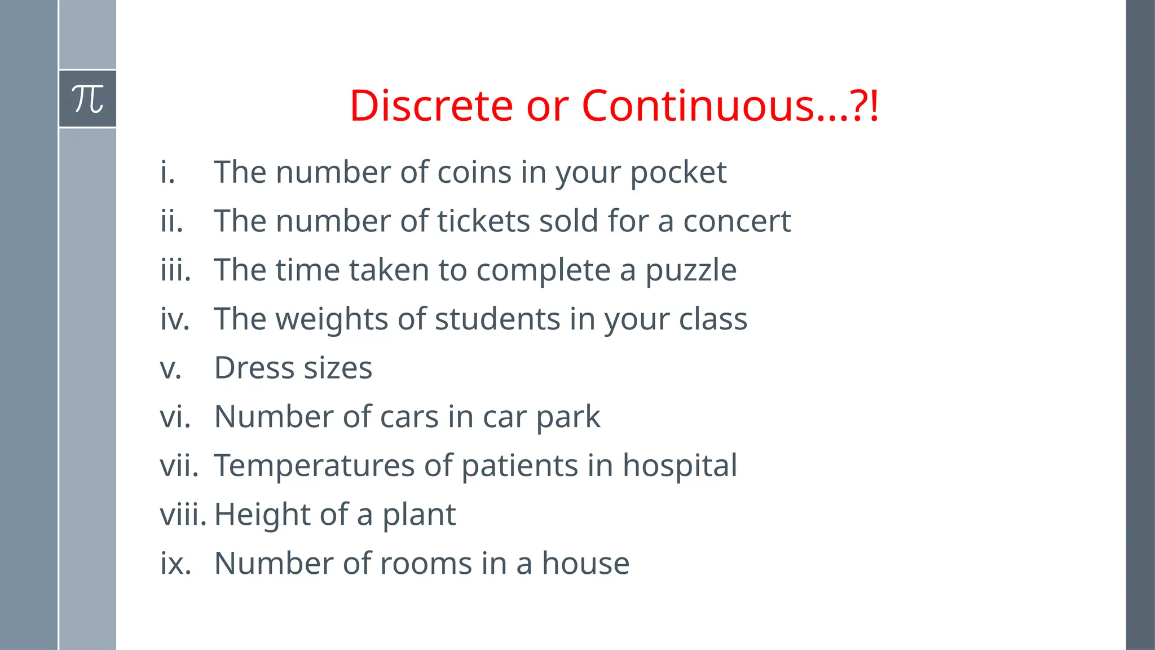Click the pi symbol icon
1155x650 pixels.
click(88, 99)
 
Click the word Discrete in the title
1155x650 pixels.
click(431, 106)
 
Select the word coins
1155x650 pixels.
click(474, 172)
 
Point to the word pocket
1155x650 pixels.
click(678, 172)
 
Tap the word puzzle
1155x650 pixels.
click(690, 270)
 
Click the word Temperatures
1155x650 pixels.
click(314, 465)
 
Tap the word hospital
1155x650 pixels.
click(680, 465)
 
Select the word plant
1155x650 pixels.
click(419, 515)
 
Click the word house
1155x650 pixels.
click(585, 563)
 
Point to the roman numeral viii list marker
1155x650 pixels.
click(183, 515)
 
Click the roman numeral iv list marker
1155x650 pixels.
click(174, 319)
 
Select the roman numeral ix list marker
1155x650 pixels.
click(175, 563)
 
